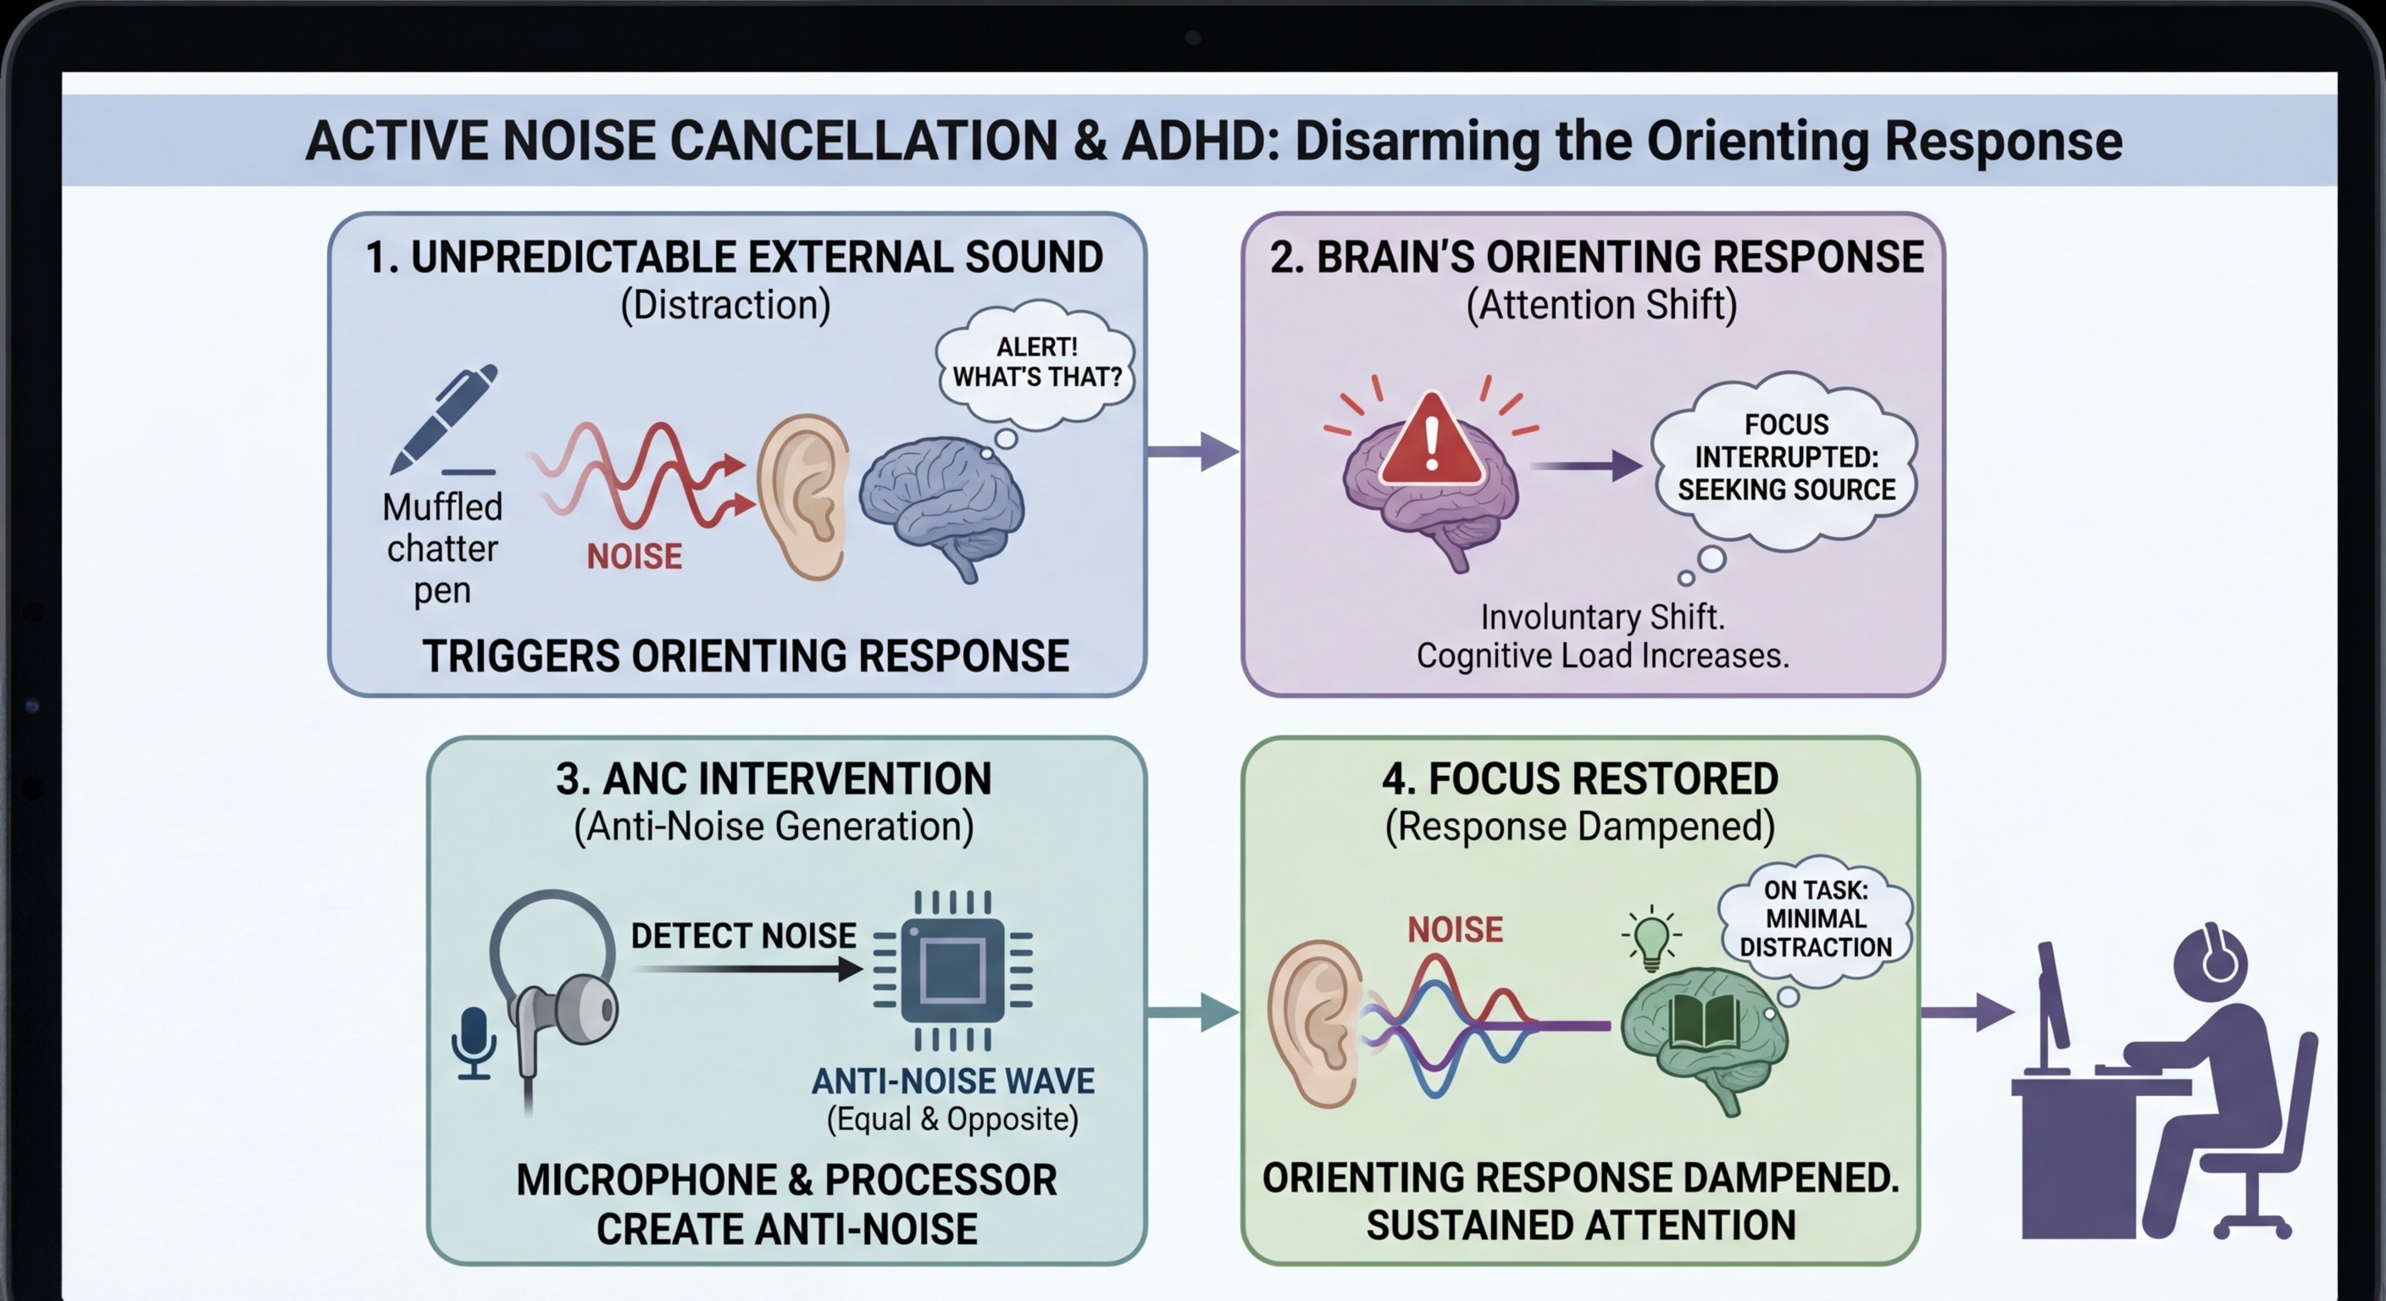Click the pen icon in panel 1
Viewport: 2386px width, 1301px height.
coord(444,417)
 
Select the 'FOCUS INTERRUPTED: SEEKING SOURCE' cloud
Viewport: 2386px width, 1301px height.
coord(1786,457)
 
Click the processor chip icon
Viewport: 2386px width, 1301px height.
coord(953,970)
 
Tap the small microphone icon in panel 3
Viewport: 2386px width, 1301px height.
coord(474,1043)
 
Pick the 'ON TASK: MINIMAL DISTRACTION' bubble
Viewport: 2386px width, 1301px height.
coord(1815,918)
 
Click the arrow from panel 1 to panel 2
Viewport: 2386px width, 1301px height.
coord(1192,452)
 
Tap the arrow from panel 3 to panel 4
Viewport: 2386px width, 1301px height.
coord(1192,1011)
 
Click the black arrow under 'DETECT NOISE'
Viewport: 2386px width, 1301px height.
coord(746,970)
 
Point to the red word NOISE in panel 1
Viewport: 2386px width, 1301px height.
coord(635,556)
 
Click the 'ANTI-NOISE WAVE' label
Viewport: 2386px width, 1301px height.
coord(953,1081)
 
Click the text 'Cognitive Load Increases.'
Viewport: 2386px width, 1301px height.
coord(1602,656)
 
